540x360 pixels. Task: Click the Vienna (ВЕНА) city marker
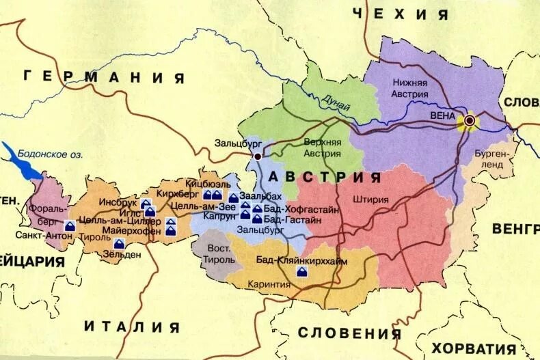click(x=470, y=121)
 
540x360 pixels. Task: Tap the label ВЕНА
click(x=442, y=115)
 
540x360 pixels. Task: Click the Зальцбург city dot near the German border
click(x=258, y=156)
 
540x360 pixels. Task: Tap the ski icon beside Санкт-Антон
click(x=70, y=225)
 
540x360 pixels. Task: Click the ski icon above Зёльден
click(x=120, y=244)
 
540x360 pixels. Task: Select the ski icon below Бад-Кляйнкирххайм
click(x=301, y=272)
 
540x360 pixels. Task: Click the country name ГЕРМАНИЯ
click(x=104, y=77)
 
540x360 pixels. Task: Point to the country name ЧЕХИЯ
click(x=402, y=14)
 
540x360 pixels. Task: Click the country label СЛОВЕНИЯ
click(x=349, y=333)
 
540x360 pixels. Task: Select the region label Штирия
click(x=371, y=200)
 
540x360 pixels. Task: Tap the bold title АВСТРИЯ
click(x=325, y=178)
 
